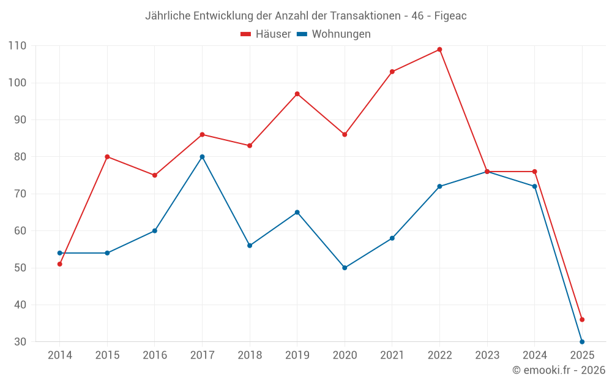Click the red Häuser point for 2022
(x=439, y=50)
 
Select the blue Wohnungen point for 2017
(x=202, y=157)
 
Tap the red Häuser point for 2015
(x=107, y=157)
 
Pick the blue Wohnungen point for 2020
(x=345, y=268)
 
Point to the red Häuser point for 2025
(x=582, y=319)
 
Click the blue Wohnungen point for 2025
(x=582, y=341)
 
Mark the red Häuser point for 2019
(x=297, y=94)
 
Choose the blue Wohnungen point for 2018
(x=250, y=246)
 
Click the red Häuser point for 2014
(x=60, y=264)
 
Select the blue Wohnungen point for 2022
(x=439, y=186)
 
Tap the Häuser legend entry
(x=266, y=34)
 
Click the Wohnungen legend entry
(x=334, y=34)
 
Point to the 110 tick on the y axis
(x=17, y=46)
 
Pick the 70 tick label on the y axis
(x=20, y=194)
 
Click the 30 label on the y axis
(x=20, y=341)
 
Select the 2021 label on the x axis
(x=392, y=355)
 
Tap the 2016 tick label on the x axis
(x=155, y=355)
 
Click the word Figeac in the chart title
(x=450, y=16)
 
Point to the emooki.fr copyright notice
(x=558, y=370)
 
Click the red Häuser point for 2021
(x=392, y=72)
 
